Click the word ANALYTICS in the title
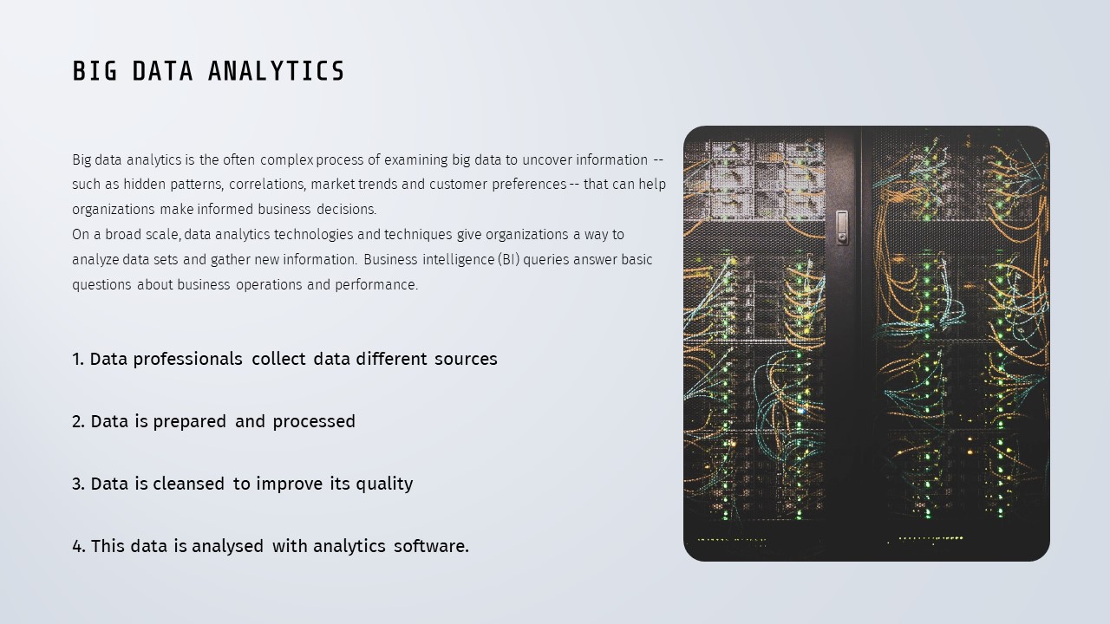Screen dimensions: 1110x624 click(x=276, y=71)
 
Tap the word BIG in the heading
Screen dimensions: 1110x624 click(x=95, y=71)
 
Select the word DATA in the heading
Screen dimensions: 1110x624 click(x=162, y=71)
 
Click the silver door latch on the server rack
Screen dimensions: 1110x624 click(x=842, y=227)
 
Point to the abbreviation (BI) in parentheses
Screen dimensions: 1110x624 click(x=509, y=259)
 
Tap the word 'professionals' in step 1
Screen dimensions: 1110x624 click(x=188, y=360)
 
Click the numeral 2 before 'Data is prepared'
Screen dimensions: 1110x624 click(x=78, y=421)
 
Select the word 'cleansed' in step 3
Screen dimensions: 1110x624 click(x=188, y=484)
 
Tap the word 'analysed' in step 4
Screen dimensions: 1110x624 click(x=227, y=547)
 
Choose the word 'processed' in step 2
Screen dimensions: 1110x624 click(x=314, y=422)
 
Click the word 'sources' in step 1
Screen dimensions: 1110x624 click(x=466, y=359)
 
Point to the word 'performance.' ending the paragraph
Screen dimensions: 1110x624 click(x=376, y=285)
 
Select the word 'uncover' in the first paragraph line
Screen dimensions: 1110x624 click(x=546, y=160)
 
